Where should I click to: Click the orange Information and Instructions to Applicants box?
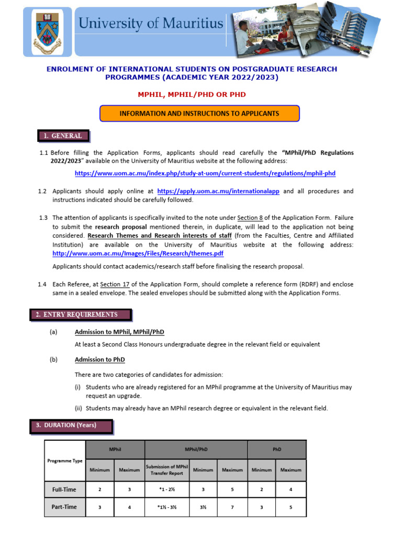tap(199, 114)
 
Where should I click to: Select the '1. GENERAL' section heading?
tap(63, 136)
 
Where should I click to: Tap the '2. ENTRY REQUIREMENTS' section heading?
tap(80, 315)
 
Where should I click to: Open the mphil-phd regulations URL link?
tap(205, 173)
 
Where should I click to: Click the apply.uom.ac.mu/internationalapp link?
tap(218, 192)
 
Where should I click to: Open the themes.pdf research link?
tap(138, 253)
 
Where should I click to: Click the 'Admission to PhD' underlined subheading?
tap(100, 360)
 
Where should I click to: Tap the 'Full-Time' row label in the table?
tap(64, 489)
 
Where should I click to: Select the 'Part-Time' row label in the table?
tap(64, 507)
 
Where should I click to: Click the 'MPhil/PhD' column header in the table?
tap(195, 449)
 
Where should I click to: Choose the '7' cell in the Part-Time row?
tap(232, 507)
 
